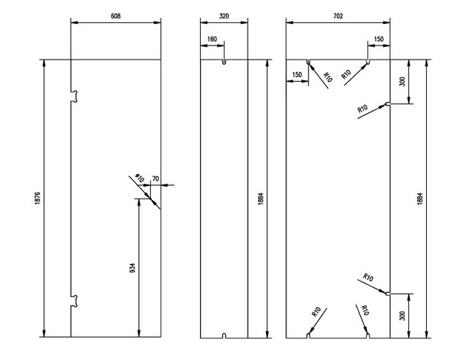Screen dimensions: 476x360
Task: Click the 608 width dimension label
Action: [116, 16]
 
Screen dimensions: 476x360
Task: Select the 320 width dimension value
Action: [224, 16]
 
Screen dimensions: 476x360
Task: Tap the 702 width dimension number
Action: [338, 16]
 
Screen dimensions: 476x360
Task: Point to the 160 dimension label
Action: [212, 39]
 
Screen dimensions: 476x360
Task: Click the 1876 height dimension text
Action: [38, 198]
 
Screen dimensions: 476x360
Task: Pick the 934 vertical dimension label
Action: [132, 268]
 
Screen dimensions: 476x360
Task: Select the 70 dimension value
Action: [155, 179]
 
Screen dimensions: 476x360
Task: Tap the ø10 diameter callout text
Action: [139, 178]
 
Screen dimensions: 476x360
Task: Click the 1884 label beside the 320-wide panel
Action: [261, 199]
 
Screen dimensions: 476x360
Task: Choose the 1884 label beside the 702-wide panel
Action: [419, 199]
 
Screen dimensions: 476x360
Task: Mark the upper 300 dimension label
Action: [402, 82]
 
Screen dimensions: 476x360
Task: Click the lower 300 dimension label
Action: [402, 315]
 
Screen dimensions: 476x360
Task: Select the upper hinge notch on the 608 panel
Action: [74, 96]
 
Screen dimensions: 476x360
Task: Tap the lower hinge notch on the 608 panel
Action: [74, 300]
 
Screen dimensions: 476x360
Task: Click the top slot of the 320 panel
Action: [224, 62]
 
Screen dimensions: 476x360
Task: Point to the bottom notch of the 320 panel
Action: [224, 335]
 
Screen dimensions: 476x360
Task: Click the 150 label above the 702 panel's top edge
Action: [379, 39]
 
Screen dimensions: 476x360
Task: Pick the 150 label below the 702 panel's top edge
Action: [297, 74]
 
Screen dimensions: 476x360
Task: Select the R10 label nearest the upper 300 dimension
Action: [362, 109]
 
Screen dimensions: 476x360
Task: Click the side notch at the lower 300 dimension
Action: [387, 294]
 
